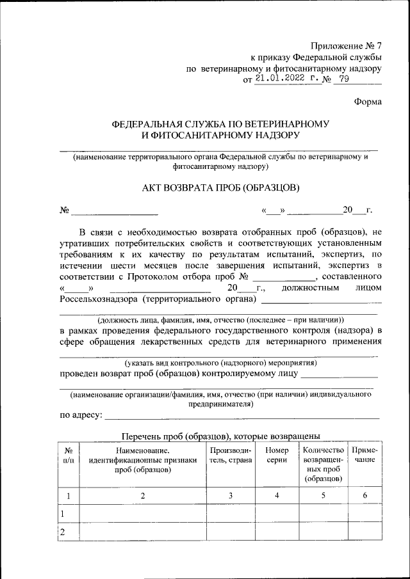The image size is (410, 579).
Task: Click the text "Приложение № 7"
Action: (346, 45)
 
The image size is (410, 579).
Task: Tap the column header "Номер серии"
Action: (277, 456)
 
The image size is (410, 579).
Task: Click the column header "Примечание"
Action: (365, 456)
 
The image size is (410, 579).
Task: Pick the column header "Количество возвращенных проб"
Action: (323, 464)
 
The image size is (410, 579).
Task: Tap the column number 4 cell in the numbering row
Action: (277, 495)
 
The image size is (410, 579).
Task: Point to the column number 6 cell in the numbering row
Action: (365, 495)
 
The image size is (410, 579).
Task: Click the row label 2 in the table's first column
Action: (62, 532)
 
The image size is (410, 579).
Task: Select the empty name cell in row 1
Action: (142, 514)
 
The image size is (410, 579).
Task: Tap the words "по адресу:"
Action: (81, 416)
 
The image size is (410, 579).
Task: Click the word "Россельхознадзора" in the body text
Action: (100, 299)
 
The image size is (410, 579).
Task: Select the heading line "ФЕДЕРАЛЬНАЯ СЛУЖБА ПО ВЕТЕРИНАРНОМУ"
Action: (220, 123)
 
